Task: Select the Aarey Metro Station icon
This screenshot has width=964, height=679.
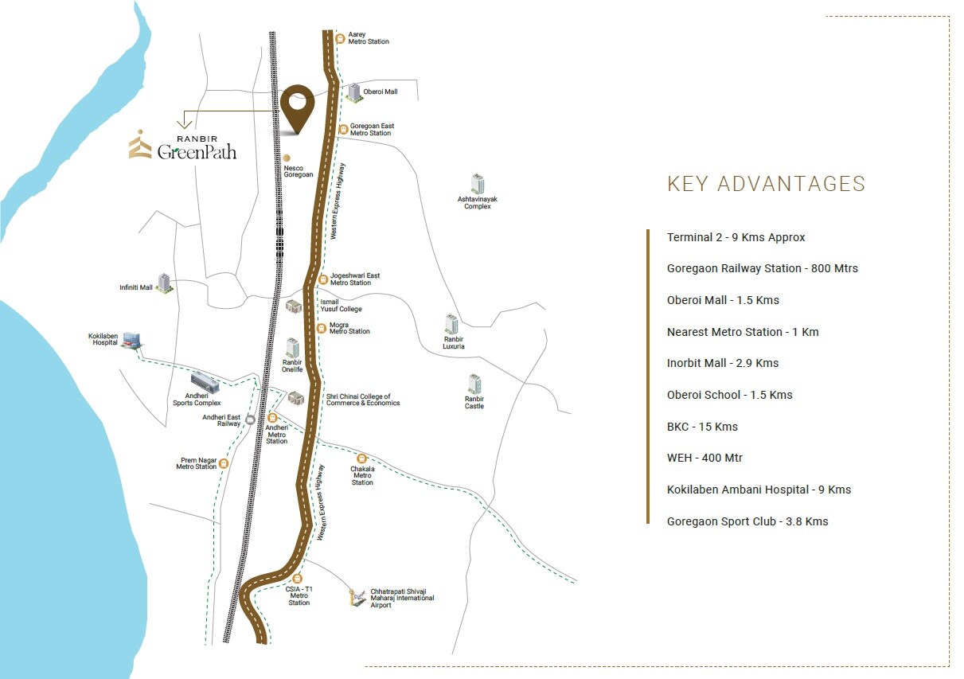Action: pos(340,37)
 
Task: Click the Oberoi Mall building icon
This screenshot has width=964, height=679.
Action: pos(353,92)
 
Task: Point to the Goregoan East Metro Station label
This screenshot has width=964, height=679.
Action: pos(372,130)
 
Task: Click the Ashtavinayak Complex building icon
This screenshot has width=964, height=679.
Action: pos(477,184)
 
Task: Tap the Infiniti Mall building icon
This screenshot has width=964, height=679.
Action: pos(164,283)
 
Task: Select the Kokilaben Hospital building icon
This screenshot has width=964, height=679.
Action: pos(132,340)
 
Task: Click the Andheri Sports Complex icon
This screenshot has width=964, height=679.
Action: pos(205,381)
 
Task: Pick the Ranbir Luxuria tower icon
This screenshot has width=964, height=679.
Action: pos(452,324)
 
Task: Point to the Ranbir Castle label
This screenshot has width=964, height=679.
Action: pos(474,403)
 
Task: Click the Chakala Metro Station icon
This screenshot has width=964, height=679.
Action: pos(362,459)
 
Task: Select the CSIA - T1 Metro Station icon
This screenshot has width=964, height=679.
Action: pos(298,579)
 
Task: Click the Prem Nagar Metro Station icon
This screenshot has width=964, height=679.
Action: pos(224,463)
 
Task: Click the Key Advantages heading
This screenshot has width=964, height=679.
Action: pos(766,184)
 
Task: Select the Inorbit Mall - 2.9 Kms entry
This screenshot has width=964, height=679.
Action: pos(723,363)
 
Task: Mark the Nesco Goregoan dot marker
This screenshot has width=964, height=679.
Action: pos(287,158)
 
